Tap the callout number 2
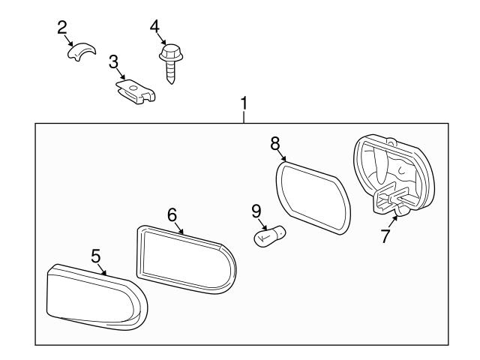coord(63,28)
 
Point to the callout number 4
coord(154,27)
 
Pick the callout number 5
coord(96,256)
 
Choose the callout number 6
coord(172,214)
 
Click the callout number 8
coord(274,142)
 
